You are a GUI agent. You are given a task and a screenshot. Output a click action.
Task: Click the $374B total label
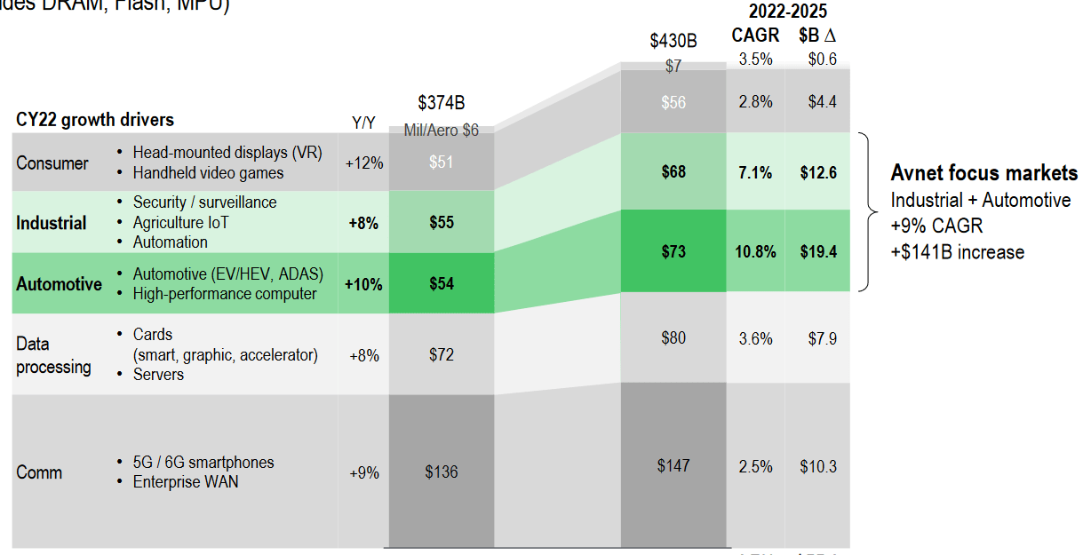click(x=442, y=103)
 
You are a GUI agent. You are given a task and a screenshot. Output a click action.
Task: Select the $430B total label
click(x=673, y=41)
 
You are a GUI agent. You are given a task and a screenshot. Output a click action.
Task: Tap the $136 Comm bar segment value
click(x=442, y=472)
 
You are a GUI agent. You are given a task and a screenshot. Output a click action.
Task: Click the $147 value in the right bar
click(x=673, y=465)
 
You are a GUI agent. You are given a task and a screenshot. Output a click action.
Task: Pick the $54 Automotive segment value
click(x=442, y=284)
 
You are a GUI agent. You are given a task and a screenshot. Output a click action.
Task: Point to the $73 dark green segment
click(x=673, y=252)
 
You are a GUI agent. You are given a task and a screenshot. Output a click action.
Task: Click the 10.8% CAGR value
click(x=755, y=252)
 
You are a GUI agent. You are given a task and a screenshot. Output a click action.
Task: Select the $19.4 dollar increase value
click(x=816, y=252)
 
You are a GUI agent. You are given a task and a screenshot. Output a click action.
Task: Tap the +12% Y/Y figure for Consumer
click(x=364, y=163)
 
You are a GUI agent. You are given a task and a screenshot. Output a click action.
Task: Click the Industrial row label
click(x=52, y=223)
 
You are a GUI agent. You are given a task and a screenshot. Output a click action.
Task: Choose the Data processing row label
click(x=53, y=355)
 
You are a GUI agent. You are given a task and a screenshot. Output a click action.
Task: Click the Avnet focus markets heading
click(x=984, y=173)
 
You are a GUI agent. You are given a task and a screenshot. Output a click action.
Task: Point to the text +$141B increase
click(x=958, y=252)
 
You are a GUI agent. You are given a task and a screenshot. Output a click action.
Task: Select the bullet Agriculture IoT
click(x=180, y=222)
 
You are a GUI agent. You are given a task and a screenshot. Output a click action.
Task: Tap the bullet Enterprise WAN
click(x=186, y=482)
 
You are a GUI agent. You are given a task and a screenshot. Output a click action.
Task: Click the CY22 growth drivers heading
click(x=95, y=120)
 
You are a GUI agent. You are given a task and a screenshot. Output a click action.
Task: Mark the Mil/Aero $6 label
click(x=442, y=130)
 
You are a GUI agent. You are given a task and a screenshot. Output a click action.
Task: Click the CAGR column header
click(x=755, y=36)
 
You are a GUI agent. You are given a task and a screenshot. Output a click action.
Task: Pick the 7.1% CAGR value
click(x=755, y=172)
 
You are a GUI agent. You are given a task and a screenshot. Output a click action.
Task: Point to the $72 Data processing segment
click(x=442, y=355)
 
